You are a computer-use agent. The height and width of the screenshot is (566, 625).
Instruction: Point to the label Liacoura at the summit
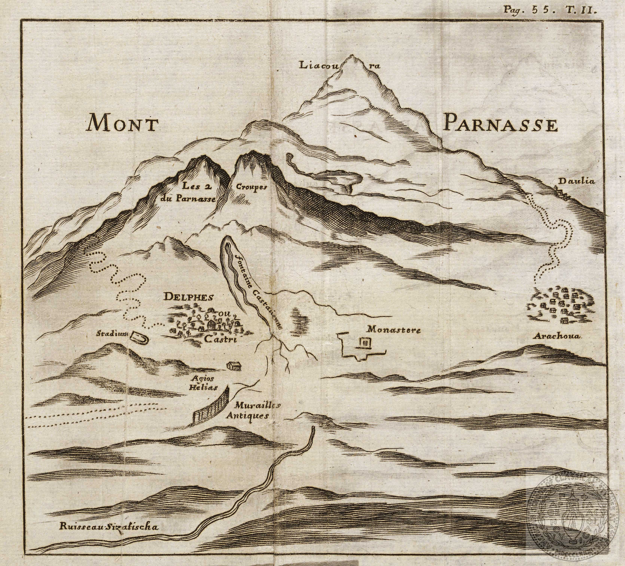click(x=339, y=65)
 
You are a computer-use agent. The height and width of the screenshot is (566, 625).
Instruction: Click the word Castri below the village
click(x=220, y=340)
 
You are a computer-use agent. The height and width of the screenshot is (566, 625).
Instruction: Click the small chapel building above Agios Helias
click(x=234, y=366)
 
